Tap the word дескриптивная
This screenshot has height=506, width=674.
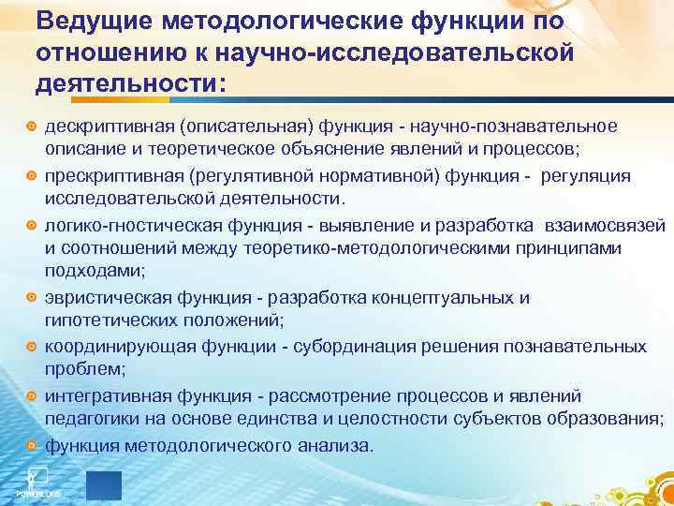(100, 126)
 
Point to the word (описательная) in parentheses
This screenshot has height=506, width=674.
(239, 126)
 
